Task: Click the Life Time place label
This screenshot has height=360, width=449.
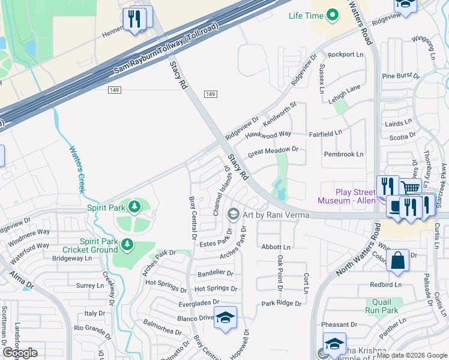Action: coord(306,16)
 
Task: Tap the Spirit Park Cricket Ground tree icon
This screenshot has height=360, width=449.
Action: coord(127,244)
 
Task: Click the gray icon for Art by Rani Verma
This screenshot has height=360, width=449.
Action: coord(233,214)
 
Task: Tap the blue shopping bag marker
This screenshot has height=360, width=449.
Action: coord(397,261)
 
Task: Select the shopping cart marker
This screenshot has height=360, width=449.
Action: coord(411,188)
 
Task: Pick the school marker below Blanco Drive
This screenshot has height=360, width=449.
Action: coord(225,318)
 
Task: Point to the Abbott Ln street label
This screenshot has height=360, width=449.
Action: coord(276,247)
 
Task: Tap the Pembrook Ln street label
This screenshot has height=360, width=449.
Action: coord(343,154)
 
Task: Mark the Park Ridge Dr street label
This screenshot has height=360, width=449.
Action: coord(281,304)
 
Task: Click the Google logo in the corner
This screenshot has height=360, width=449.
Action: coord(20,353)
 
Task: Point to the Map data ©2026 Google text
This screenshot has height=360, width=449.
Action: coord(411,355)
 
